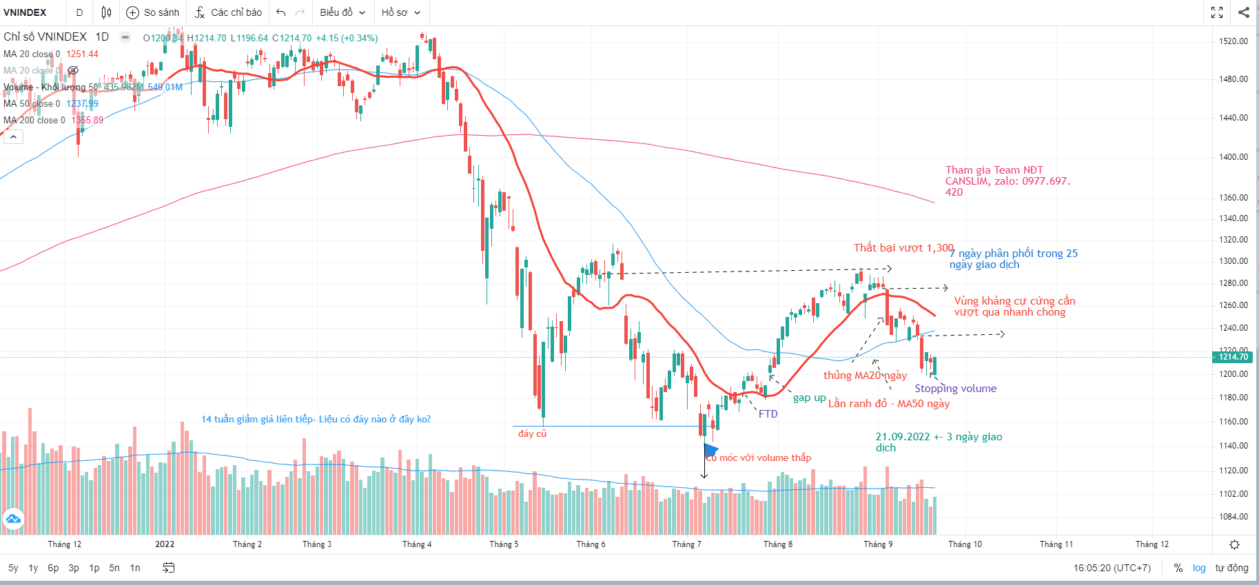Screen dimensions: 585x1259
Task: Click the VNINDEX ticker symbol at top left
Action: [x=25, y=12]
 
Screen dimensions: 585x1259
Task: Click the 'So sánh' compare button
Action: [x=153, y=12]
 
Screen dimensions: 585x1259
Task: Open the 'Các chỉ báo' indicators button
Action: [x=228, y=12]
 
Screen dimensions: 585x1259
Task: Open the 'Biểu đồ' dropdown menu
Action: [x=342, y=12]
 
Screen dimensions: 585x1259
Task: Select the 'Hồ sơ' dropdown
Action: [x=400, y=12]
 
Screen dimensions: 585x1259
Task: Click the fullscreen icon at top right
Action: [x=1217, y=12]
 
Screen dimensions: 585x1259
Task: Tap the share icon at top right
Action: [x=1244, y=12]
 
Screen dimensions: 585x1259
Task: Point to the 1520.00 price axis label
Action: [x=1234, y=41]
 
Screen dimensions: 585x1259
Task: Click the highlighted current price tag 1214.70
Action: [x=1234, y=357]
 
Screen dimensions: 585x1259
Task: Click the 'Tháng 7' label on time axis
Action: [x=686, y=544]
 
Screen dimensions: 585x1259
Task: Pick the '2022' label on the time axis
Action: [x=165, y=544]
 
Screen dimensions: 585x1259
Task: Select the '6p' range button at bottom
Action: [x=53, y=568]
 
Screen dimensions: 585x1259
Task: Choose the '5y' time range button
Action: [x=13, y=568]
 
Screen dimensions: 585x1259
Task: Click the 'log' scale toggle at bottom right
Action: [x=1199, y=568]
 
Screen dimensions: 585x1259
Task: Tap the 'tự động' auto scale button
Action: [x=1231, y=568]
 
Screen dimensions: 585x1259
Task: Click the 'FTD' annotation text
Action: [x=768, y=414]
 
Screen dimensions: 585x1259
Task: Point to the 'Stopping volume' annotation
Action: [x=955, y=389]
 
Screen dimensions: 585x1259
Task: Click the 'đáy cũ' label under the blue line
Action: [x=532, y=433]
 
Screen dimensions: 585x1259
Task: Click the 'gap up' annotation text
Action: [x=809, y=398]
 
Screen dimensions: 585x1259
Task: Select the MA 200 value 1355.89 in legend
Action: [x=88, y=120]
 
